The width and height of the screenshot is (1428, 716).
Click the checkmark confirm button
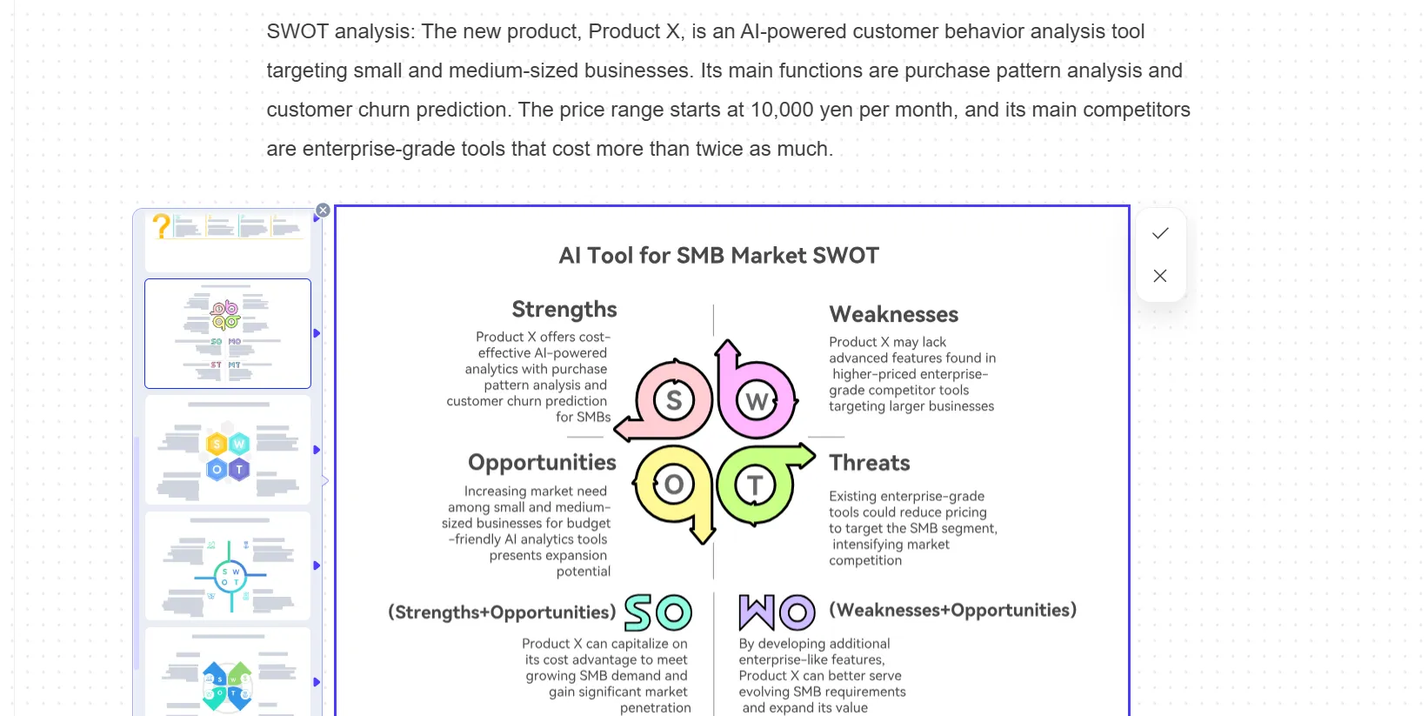pos(1160,233)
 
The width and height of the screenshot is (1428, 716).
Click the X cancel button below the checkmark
pos(1160,276)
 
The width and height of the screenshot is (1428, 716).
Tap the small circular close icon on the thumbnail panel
pos(323,211)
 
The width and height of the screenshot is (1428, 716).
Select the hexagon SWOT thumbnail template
pos(228,450)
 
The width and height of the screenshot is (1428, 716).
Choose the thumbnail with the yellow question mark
pos(228,241)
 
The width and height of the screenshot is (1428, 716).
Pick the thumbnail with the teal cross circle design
pos(228,566)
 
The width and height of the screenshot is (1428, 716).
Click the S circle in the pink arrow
pos(674,400)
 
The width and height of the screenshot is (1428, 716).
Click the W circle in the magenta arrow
pos(757,401)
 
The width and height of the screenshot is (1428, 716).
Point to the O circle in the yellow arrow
pos(674,485)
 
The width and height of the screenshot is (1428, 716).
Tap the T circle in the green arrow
pos(755,485)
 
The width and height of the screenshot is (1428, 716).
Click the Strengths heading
pos(564,309)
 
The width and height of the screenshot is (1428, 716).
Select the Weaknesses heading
pos(893,314)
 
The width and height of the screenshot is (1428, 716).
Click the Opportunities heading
pos(542,463)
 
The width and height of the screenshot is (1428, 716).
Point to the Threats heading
pos(870,463)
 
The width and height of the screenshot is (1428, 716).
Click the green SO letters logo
pos(657,612)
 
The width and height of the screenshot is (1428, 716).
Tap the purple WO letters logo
pos(777,612)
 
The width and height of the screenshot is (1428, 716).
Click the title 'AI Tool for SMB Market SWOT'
pos(718,256)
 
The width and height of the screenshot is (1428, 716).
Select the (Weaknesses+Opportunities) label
pos(952,610)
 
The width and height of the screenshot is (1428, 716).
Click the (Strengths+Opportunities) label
pos(502,612)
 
